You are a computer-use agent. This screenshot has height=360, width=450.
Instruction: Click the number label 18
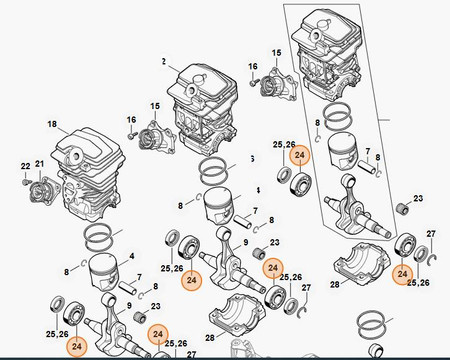52,124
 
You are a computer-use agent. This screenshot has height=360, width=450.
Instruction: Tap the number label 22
26,166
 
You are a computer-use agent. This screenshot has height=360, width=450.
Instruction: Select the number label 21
40,164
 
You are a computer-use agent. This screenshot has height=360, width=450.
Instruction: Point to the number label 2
164,62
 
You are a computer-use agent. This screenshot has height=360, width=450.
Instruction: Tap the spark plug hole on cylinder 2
192,89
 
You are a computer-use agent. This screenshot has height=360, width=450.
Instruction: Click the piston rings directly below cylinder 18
100,238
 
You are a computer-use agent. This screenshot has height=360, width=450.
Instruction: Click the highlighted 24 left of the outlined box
300,155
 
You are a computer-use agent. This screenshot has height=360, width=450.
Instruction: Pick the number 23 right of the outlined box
418,199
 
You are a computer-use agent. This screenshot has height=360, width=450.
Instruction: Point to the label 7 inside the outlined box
368,152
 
